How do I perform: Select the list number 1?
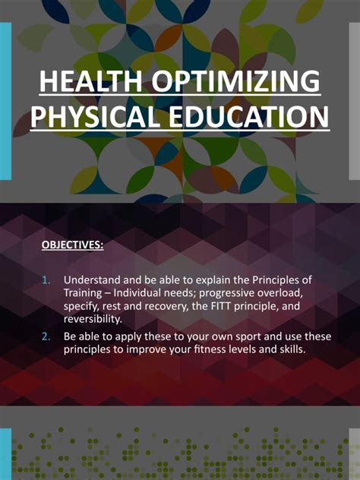tap(46, 279)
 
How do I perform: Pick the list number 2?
tap(46, 336)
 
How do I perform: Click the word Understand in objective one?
tap(93, 279)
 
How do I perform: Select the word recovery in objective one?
tap(183, 306)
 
